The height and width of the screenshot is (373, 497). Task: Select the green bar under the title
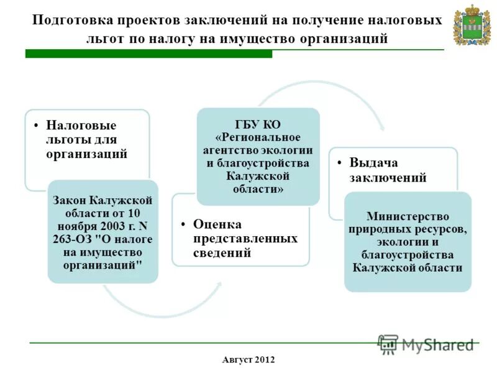point(148,54)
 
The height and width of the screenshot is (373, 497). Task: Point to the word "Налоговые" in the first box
point(81,126)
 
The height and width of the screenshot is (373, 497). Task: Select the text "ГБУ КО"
point(258,124)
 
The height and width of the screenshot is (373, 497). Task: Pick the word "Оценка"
point(217,224)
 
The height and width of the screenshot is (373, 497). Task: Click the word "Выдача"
point(373,163)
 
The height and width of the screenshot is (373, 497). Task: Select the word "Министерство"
point(408,216)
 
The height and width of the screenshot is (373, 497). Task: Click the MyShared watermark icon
point(388,344)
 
